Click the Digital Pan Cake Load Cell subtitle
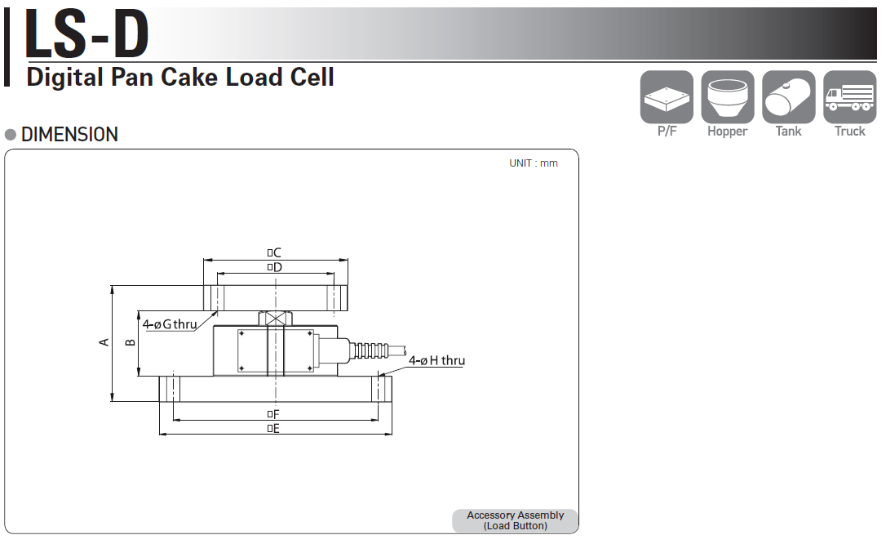pos(180,78)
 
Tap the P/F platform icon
pos(667,98)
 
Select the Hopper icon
pos(727,98)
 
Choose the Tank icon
pos(788,98)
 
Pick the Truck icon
pos(849,98)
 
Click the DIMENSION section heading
pos(69,135)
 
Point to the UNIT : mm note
pos(534,163)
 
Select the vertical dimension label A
pos(104,342)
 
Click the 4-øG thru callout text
pos(170,324)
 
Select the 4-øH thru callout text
pos(436,360)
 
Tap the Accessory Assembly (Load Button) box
pos(515,520)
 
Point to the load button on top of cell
pos(276,319)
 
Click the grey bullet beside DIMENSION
pos(11,135)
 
